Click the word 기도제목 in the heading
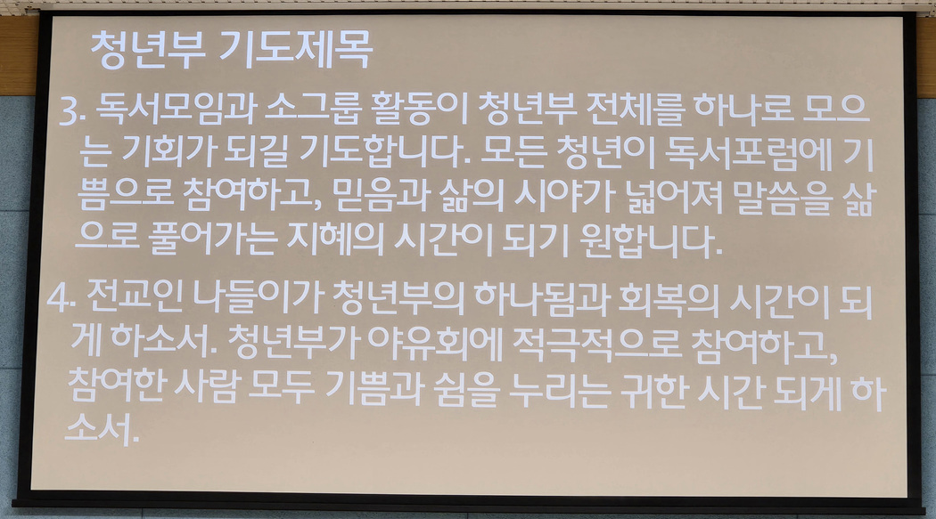295,49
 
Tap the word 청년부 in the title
148,50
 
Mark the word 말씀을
782,198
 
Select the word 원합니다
651,241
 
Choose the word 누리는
560,392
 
